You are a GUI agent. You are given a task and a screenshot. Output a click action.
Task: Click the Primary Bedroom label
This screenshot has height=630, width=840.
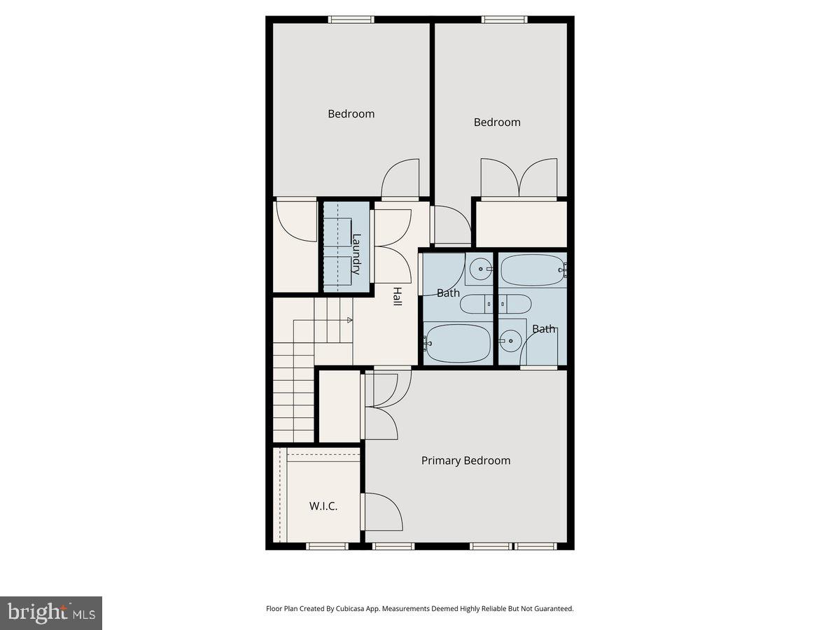[x=465, y=461]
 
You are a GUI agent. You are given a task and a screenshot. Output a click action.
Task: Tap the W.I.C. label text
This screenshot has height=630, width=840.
[x=323, y=505]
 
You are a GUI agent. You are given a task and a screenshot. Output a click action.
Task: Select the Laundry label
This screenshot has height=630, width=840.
[x=356, y=253]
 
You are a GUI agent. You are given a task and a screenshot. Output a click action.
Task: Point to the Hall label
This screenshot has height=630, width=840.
[x=397, y=296]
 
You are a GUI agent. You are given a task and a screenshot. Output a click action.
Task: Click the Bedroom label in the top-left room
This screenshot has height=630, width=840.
[x=351, y=113]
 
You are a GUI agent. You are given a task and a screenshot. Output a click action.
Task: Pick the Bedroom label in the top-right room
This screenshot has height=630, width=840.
[x=497, y=122]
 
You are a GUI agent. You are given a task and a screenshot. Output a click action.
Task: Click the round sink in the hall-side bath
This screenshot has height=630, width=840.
[x=480, y=267]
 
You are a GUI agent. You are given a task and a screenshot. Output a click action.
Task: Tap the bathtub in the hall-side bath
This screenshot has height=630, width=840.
[x=458, y=343]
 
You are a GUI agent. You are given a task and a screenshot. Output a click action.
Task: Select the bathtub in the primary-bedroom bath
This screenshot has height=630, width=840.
[x=533, y=270]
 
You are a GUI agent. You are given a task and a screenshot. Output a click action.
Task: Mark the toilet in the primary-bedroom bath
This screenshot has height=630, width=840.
[x=516, y=304]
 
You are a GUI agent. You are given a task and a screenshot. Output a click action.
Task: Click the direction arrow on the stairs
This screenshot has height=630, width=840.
[x=349, y=321]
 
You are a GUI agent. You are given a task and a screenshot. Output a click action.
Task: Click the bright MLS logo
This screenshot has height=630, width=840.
[x=51, y=613]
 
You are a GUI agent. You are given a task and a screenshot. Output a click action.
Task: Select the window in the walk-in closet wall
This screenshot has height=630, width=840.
[x=327, y=546]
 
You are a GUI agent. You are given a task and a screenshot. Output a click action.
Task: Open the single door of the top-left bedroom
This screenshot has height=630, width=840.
[x=400, y=178]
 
